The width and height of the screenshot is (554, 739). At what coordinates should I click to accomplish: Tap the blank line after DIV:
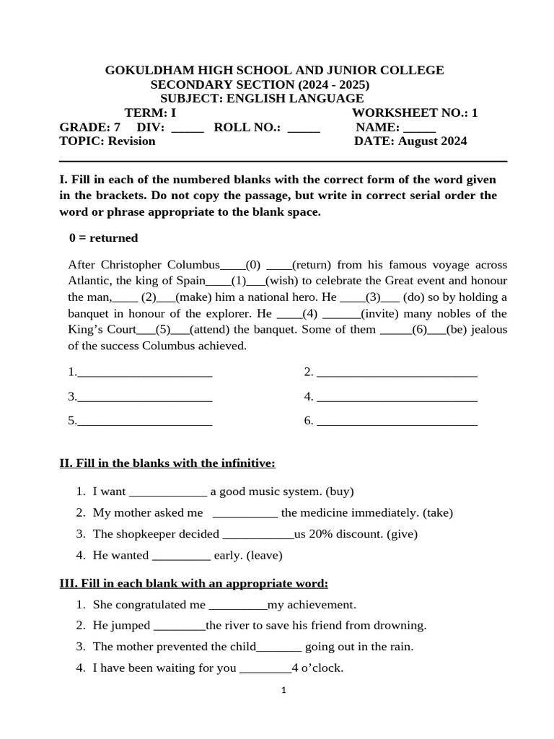click(x=188, y=128)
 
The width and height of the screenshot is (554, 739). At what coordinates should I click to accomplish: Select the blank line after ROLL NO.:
click(x=304, y=128)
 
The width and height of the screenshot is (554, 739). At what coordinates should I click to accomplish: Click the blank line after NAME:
click(x=419, y=128)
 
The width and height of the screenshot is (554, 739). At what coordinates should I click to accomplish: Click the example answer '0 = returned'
click(x=103, y=237)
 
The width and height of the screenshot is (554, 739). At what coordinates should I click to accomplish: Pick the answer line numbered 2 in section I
click(x=397, y=374)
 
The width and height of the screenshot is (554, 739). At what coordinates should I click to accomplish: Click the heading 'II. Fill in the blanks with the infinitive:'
click(x=167, y=463)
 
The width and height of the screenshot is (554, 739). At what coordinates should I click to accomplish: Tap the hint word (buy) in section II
click(x=340, y=491)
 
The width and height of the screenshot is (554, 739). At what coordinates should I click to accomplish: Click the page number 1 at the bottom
click(x=283, y=691)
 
